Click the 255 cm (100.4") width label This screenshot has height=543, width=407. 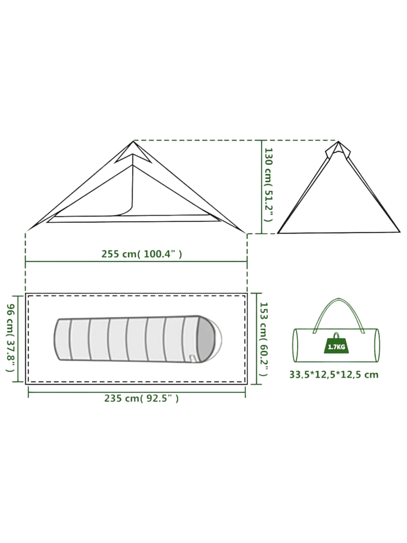point(141,254)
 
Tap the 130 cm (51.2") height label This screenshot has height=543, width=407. point(269,185)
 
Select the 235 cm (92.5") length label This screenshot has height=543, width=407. point(141,398)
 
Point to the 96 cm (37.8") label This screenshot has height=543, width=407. point(11,338)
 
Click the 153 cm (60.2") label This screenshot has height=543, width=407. point(264,339)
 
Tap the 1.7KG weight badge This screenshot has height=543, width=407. point(336,346)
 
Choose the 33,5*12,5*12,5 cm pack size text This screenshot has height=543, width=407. point(333,375)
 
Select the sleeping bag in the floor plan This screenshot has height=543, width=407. point(135,339)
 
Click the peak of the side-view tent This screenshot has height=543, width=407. point(134,142)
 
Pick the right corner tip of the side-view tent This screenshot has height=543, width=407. point(245,232)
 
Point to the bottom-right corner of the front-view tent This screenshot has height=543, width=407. point(399,231)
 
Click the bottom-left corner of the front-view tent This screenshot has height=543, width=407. point(278,232)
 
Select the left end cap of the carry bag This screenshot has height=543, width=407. point(296,345)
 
